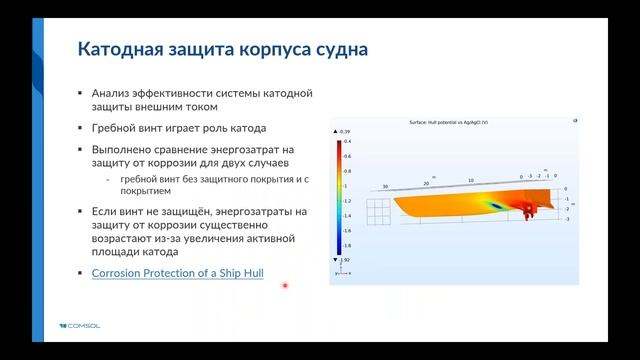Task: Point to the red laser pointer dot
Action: [x=285, y=286]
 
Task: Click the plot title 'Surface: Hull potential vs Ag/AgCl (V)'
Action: [x=456, y=122]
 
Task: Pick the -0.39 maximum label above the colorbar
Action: [x=344, y=132]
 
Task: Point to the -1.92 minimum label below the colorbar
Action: [x=344, y=260]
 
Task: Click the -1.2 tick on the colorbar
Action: [x=347, y=200]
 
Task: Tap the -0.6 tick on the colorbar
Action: [x=347, y=156]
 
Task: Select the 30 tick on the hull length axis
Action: [x=385, y=186]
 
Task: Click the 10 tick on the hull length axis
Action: [x=470, y=181]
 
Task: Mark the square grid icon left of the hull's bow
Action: [x=377, y=210]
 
